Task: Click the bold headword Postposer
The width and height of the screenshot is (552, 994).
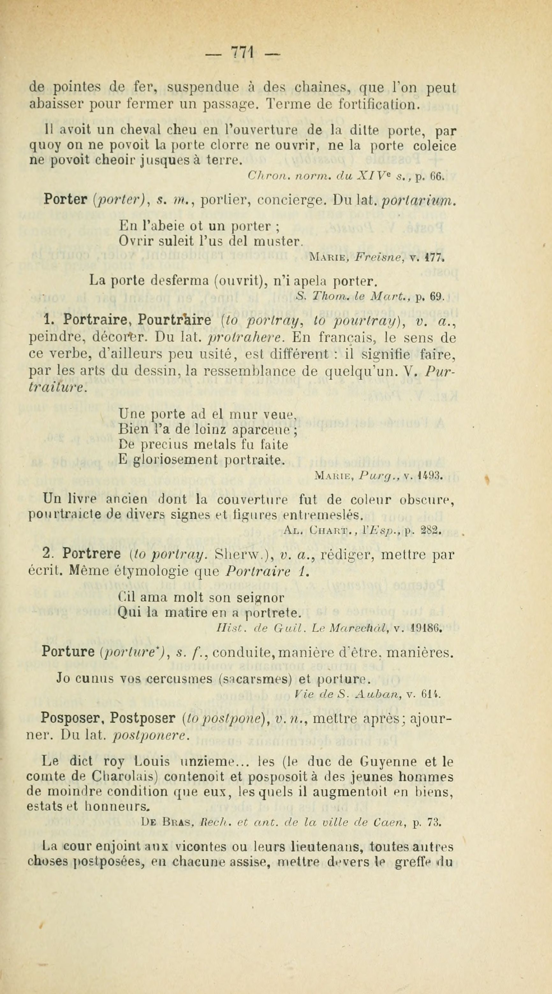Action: (143, 718)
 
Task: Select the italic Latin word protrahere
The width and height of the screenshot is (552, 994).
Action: (246, 338)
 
